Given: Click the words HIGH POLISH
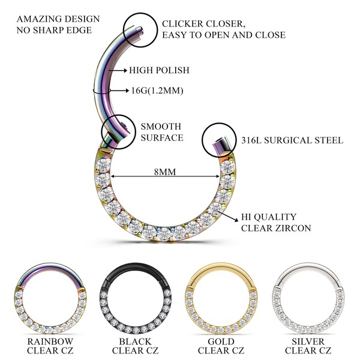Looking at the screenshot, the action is [x=159, y=70].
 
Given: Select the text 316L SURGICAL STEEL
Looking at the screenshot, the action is [x=292, y=140].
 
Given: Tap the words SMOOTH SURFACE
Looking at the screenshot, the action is [x=161, y=132].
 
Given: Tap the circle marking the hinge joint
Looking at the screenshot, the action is [x=117, y=128].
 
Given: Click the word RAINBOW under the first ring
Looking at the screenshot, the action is [x=46, y=340].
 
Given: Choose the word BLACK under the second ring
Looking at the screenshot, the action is [x=133, y=340].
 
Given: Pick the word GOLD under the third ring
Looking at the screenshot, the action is [x=220, y=340].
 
